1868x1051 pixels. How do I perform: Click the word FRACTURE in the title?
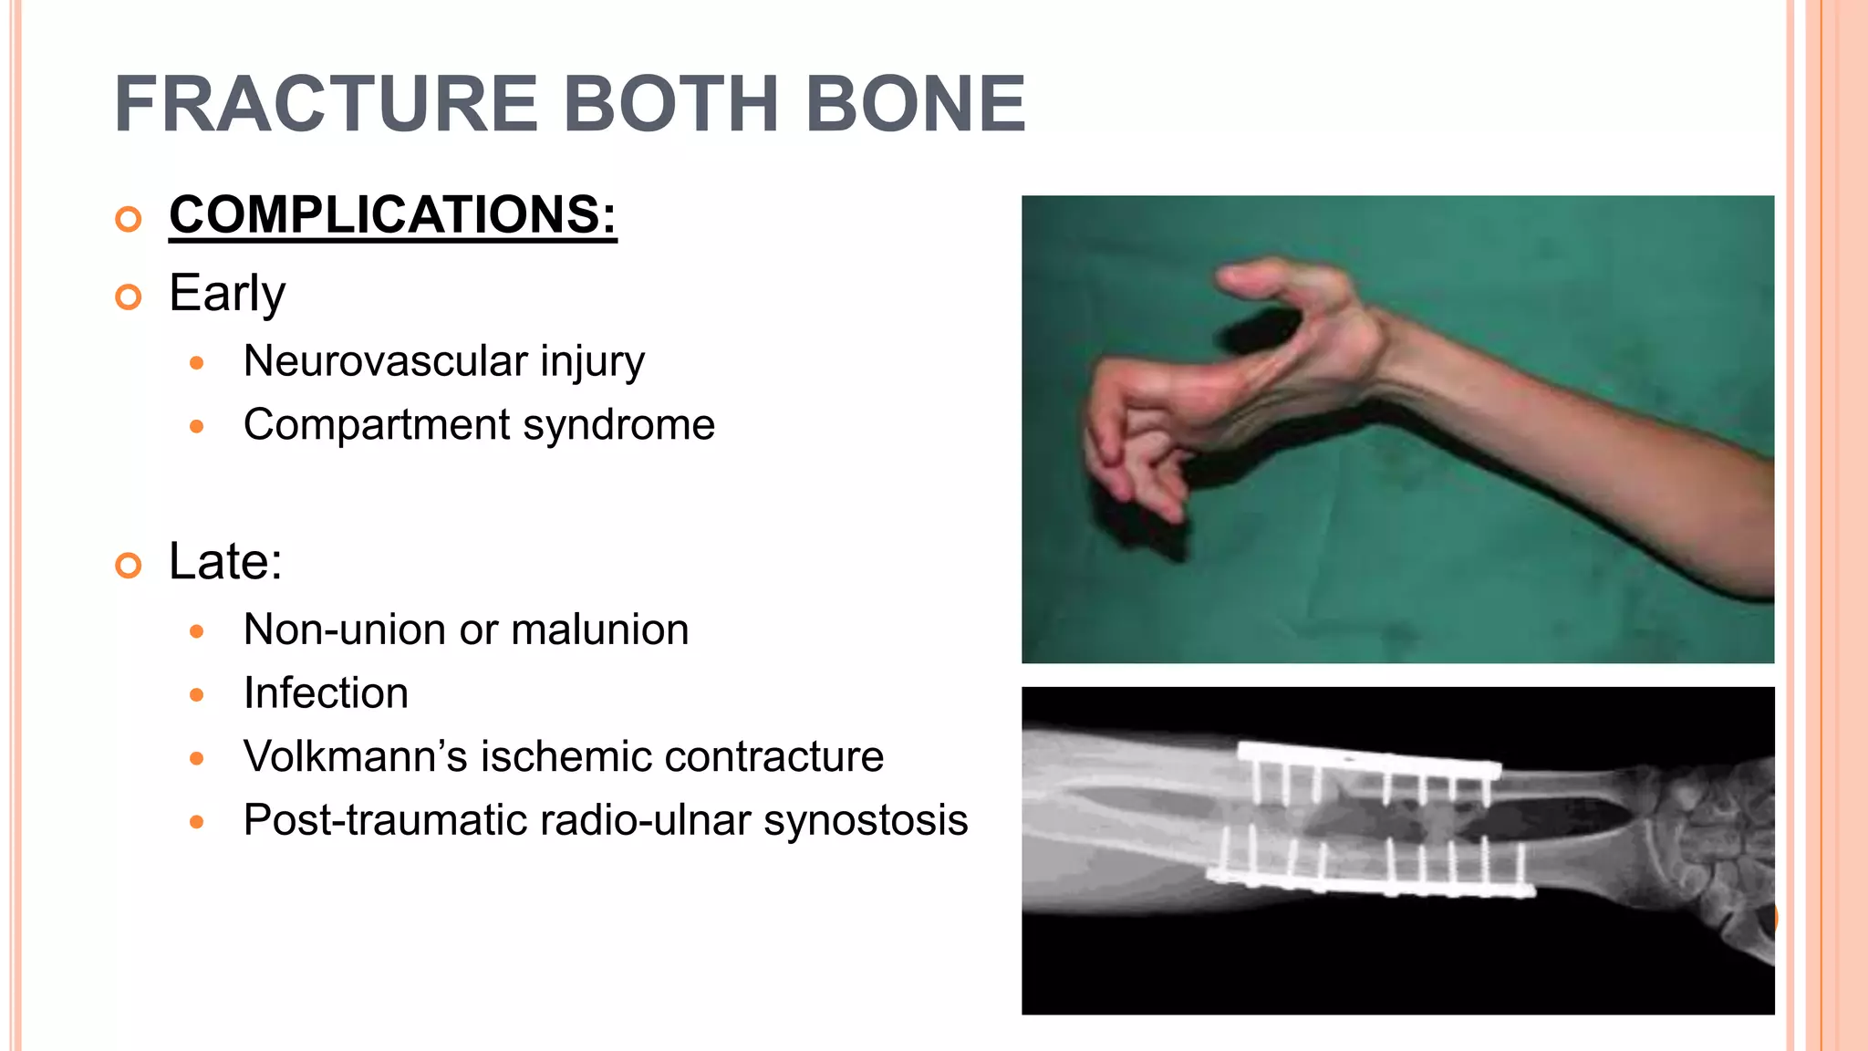point(326,104)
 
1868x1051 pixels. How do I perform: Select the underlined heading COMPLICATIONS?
point(392,215)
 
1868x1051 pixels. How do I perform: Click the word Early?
point(227,294)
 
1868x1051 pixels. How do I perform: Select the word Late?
point(225,561)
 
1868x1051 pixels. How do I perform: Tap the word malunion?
point(599,630)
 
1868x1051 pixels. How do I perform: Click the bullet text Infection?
point(326,693)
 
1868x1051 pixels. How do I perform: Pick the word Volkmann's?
point(355,757)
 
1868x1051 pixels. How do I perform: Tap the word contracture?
point(774,757)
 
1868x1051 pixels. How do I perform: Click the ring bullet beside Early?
point(129,297)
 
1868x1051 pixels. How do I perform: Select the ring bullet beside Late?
point(129,566)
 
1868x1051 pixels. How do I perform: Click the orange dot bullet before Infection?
point(196,695)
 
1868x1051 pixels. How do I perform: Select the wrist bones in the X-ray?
point(1715,839)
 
